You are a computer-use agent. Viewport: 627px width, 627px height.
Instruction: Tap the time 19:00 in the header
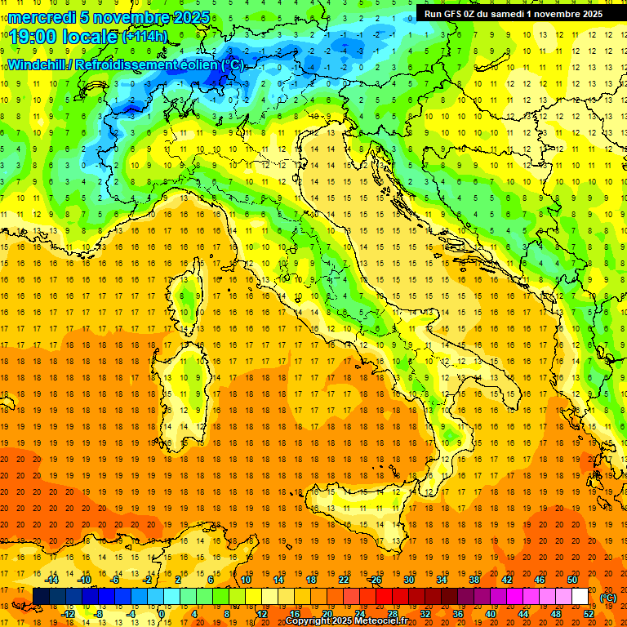click(x=35, y=36)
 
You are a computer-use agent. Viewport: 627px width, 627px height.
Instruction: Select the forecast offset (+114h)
click(x=145, y=37)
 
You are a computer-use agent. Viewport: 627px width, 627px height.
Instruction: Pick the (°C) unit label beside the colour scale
click(x=607, y=598)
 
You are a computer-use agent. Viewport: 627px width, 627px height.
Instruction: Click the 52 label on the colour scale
click(x=589, y=613)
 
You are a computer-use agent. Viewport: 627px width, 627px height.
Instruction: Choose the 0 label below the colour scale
click(x=162, y=613)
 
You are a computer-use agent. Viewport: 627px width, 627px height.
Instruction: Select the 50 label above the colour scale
click(x=571, y=579)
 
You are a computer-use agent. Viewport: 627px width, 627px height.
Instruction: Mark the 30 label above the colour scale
click(x=408, y=579)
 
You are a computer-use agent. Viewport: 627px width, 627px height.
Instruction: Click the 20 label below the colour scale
click(x=327, y=613)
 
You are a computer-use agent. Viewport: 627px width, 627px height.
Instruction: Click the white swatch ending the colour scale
click(x=580, y=597)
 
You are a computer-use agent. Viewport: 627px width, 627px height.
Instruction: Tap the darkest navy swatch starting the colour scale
click(x=41, y=597)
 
